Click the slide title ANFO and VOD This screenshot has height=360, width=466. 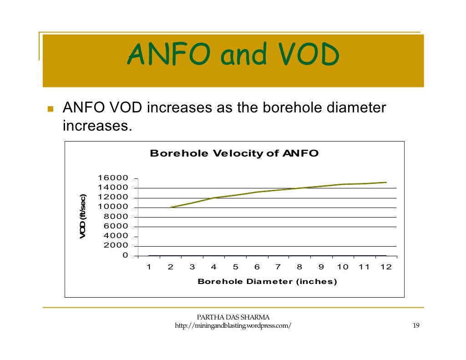pyautogui.click(x=233, y=56)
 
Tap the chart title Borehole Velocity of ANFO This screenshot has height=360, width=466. pyautogui.click(x=234, y=153)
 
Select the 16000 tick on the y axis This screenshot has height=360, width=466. pyautogui.click(x=112, y=178)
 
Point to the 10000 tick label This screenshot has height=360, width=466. pyautogui.click(x=112, y=207)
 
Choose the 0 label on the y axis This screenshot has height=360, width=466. pyautogui.click(x=125, y=255)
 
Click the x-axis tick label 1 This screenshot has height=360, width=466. pyautogui.click(x=148, y=267)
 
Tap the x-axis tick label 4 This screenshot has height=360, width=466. pyautogui.click(x=213, y=267)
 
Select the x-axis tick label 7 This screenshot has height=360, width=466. pyautogui.click(x=278, y=267)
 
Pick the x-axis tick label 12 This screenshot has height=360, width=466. pyautogui.click(x=385, y=267)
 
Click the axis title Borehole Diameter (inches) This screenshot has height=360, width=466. pyautogui.click(x=267, y=282)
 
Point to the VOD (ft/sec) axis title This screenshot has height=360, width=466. pyautogui.click(x=83, y=216)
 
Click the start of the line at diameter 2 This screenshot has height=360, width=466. pyautogui.click(x=171, y=207)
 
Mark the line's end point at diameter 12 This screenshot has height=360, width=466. pyautogui.click(x=386, y=183)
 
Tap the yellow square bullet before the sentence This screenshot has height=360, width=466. pyautogui.click(x=50, y=110)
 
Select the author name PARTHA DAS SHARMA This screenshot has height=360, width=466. pyautogui.click(x=233, y=317)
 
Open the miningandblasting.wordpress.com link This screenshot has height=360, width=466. pyautogui.click(x=233, y=326)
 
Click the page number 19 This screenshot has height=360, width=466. pyautogui.click(x=415, y=326)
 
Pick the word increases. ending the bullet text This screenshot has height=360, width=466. pyautogui.click(x=97, y=125)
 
